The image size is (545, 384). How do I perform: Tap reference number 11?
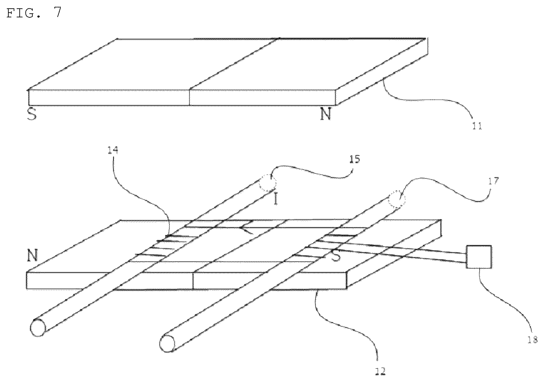click(477, 126)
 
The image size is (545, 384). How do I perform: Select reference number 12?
click(380, 371)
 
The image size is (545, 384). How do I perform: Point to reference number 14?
click(113, 150)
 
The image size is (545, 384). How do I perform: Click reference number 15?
click(355, 159)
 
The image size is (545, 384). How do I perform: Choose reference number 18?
click(533, 340)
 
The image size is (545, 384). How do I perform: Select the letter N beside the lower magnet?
click(32, 255)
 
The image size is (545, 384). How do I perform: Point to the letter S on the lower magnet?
click(336, 256)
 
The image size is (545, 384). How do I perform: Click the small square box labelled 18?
click(479, 257)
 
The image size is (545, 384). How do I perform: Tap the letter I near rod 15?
click(276, 198)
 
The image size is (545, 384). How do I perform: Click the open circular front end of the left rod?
click(38, 328)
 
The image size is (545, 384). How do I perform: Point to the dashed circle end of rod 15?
click(267, 182)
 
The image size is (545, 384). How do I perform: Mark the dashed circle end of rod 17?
click(397, 199)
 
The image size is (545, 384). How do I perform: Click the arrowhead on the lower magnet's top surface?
click(246, 229)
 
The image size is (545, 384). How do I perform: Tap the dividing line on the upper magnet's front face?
click(189, 97)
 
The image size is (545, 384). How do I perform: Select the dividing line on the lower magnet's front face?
click(193, 280)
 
